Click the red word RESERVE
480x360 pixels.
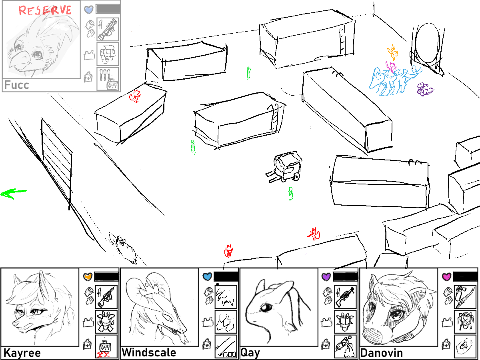[45, 10]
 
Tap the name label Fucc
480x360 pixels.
[17, 85]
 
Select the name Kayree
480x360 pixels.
[22, 353]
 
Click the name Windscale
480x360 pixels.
[149, 352]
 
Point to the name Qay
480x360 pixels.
[250, 353]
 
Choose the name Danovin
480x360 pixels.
[382, 352]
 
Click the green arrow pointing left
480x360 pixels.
[13, 194]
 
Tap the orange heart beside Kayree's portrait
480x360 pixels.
[88, 276]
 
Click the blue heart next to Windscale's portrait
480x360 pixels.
[207, 276]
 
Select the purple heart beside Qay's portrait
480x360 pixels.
[326, 276]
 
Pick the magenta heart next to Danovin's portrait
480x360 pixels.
[446, 276]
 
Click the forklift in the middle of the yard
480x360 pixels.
[284, 167]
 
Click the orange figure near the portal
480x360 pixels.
[393, 52]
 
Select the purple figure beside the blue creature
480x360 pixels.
[425, 89]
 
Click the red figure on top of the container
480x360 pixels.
[135, 96]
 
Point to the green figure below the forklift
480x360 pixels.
[290, 194]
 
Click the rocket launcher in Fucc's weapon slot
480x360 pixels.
[108, 29]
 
